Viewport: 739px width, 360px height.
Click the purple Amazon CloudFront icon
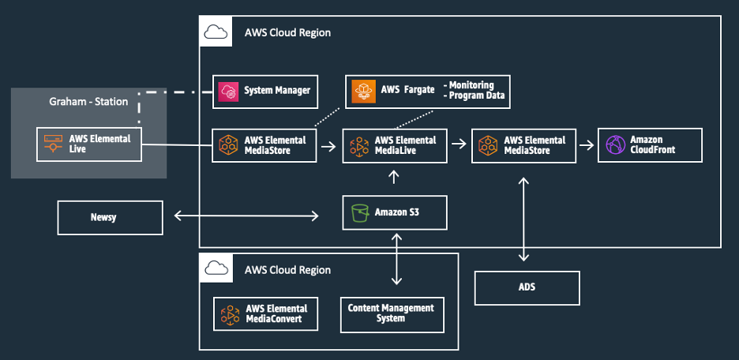[616, 144]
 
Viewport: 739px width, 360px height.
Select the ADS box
[527, 287]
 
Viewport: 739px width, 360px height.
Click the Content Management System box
[392, 314]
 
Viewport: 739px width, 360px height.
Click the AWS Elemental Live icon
[53, 143]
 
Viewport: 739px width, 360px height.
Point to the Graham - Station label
[88, 101]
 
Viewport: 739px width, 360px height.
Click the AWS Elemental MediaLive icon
[360, 145]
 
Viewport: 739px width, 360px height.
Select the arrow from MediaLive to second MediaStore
[459, 144]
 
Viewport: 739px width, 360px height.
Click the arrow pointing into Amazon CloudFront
[587, 144]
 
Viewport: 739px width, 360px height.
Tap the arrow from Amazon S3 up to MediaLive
[394, 178]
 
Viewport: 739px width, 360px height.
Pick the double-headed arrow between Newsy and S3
[246, 216]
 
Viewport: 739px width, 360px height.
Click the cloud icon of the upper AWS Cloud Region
[216, 32]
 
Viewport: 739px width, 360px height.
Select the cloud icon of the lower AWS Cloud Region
[216, 268]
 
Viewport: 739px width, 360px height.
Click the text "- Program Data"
[475, 96]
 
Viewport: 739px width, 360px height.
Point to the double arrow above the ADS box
[523, 219]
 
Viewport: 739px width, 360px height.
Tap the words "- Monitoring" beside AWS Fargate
[469, 85]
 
